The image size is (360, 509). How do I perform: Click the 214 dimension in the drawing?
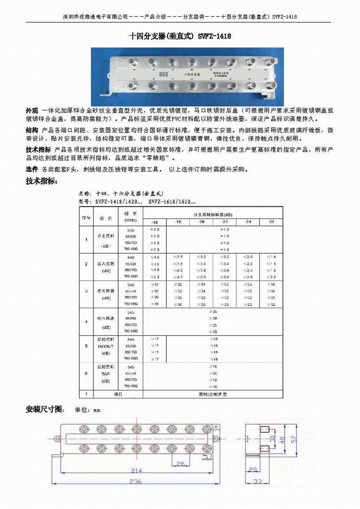point(136,470)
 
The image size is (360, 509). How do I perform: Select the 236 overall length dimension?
point(135,481)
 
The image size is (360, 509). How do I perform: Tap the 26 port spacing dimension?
point(181,464)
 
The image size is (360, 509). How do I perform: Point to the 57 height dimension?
point(294,439)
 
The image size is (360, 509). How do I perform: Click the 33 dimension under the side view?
point(258,481)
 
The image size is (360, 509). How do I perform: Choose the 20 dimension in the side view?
point(253,469)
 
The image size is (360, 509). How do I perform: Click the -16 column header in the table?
point(154,222)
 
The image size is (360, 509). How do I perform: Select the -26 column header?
point(271,222)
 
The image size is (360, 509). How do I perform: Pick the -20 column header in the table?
point(201,222)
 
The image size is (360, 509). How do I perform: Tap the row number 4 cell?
point(86,322)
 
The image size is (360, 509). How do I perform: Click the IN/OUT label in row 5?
point(106,346)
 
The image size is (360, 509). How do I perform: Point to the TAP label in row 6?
point(105,374)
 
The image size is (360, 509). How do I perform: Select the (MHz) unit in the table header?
point(130,220)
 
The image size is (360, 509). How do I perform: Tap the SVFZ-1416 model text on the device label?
point(220,73)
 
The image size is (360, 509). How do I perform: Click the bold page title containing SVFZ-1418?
point(180,36)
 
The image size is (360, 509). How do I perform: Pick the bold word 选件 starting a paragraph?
point(32,169)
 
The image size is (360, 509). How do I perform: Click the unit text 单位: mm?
point(87,410)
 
